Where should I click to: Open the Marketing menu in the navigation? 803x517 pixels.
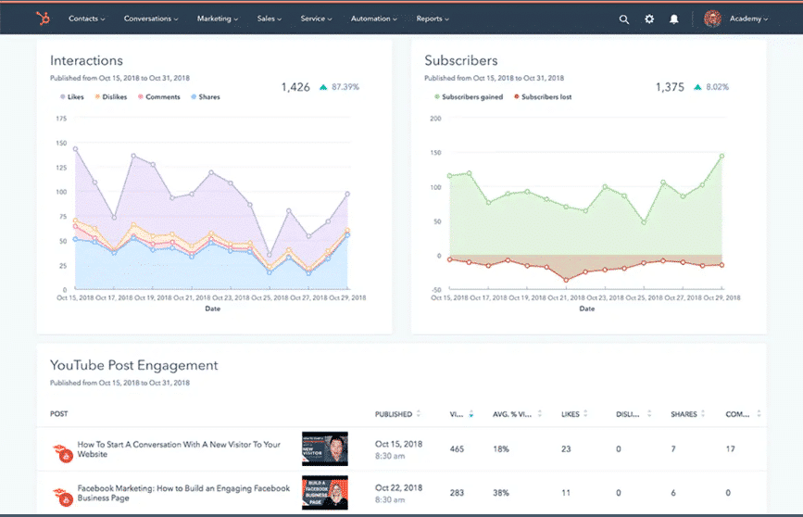click(218, 19)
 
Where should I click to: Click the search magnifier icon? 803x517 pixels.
click(623, 19)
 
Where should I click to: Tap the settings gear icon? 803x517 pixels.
click(649, 19)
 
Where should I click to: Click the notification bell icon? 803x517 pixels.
click(674, 19)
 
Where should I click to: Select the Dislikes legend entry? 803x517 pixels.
click(111, 96)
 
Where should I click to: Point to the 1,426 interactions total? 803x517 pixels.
click(295, 87)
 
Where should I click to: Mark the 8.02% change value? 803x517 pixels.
click(717, 87)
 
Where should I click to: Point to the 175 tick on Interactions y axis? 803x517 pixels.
click(61, 119)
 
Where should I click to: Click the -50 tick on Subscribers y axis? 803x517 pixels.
click(434, 290)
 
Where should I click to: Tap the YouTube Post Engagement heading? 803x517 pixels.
click(133, 365)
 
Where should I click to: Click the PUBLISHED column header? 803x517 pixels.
click(394, 413)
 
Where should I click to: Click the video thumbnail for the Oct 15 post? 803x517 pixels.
click(324, 448)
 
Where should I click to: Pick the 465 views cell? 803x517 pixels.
click(457, 448)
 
